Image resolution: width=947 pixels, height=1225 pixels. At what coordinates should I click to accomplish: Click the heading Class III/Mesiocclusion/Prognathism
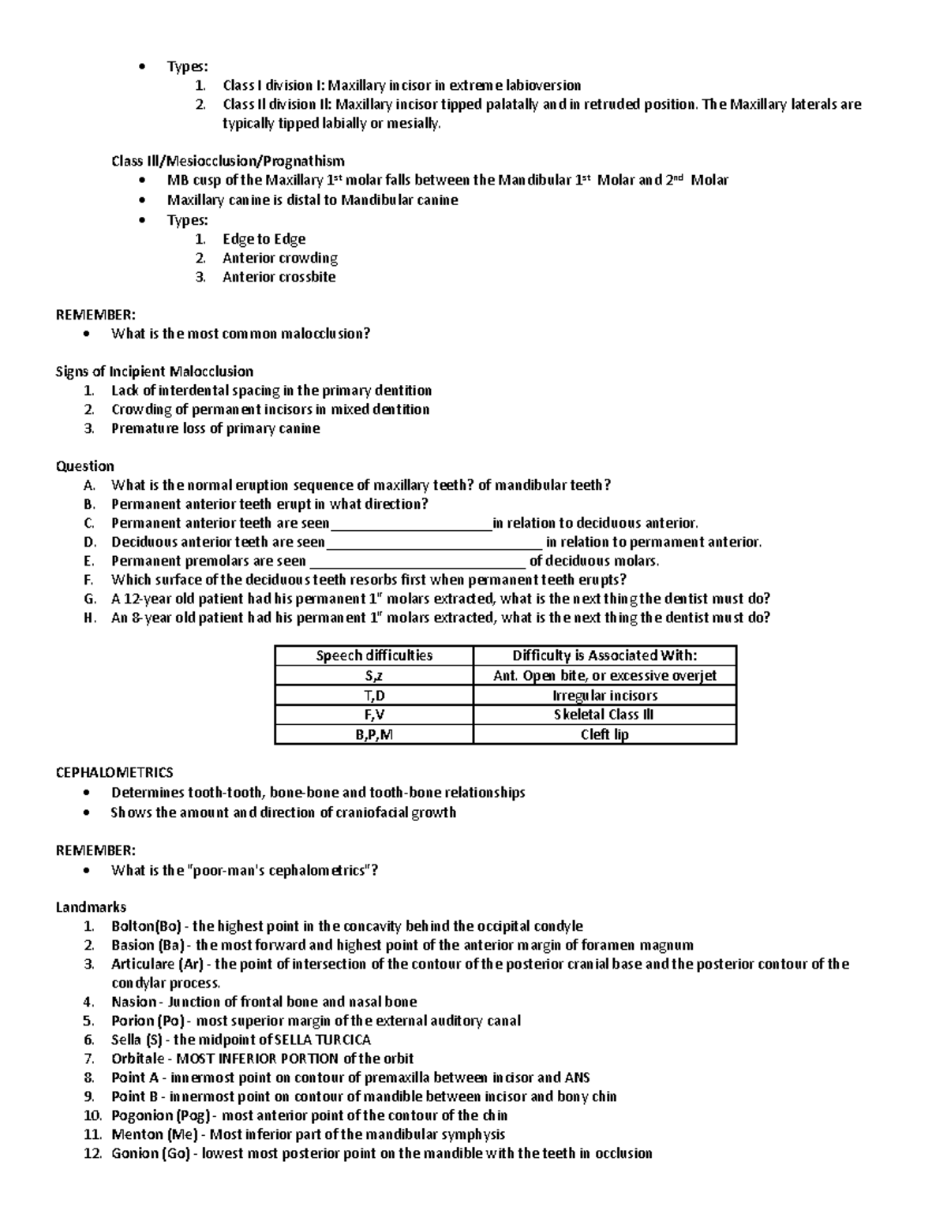coord(227,161)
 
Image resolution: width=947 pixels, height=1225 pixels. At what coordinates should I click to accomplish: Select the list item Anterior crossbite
coord(279,277)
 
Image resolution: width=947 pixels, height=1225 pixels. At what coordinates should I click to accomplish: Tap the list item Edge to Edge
coord(264,239)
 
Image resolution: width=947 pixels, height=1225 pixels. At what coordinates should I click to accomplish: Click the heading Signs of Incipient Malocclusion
coord(154,372)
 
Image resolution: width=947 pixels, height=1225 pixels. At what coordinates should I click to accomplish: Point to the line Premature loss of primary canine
coord(215,428)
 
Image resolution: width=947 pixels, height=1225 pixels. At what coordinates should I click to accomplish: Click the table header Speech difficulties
coord(374,655)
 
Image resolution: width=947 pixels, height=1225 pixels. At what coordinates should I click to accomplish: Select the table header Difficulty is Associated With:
coord(605,655)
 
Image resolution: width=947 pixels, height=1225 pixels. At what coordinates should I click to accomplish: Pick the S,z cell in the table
coord(374,675)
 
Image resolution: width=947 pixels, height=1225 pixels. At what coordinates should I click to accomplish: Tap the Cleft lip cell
coord(605,734)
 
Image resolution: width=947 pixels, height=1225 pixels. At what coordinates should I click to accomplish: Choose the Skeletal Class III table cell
coord(605,715)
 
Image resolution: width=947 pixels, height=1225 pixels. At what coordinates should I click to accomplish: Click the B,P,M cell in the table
coord(374,734)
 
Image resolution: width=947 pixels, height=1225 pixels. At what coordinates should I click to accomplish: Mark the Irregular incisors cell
coord(605,695)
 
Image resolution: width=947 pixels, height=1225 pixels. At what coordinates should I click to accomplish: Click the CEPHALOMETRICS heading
coord(114,773)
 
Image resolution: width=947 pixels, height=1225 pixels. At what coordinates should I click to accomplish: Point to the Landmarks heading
coord(91,907)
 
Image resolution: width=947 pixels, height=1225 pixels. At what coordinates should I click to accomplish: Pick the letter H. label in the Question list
coord(89,618)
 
